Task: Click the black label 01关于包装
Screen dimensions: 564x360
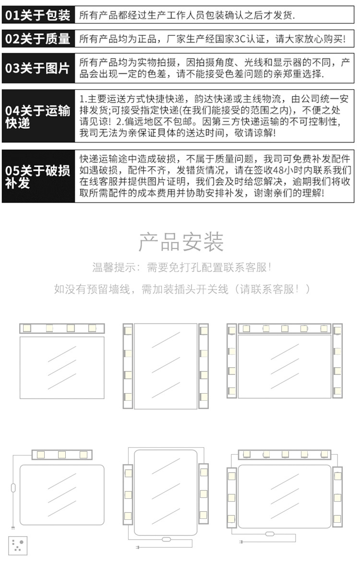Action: (x=38, y=15)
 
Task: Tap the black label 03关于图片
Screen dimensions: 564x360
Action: (x=38, y=68)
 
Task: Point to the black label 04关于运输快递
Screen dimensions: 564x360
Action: (x=38, y=116)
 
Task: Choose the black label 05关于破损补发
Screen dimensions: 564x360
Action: (x=38, y=176)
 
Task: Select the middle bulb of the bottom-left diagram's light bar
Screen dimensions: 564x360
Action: (x=61, y=454)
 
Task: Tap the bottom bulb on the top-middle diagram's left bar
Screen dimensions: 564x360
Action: (x=128, y=397)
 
